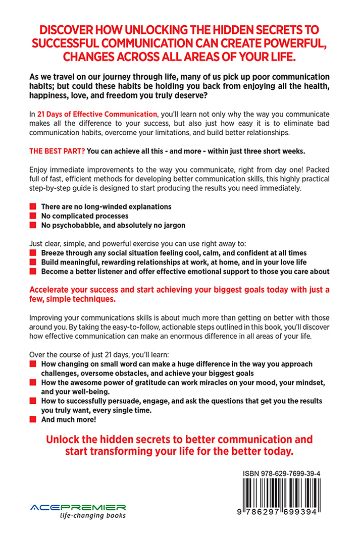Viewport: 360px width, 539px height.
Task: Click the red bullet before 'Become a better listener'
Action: coord(33,272)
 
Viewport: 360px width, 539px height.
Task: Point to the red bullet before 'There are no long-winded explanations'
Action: coord(33,206)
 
